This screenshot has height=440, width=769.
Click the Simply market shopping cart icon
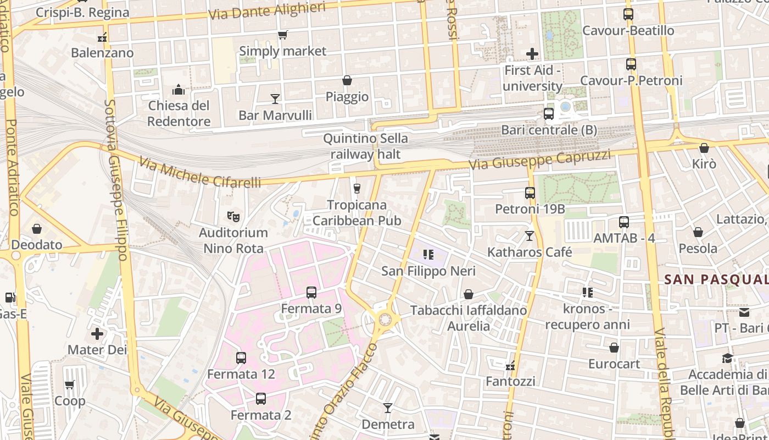[x=283, y=35]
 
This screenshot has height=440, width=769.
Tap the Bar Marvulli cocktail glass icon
[x=275, y=99]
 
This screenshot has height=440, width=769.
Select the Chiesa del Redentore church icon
[x=179, y=90]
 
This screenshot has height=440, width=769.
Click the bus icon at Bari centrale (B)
[x=548, y=114]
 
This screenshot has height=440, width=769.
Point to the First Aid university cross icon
[x=532, y=54]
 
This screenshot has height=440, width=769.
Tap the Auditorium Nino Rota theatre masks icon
[x=233, y=217]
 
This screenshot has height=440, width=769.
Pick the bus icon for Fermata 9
[x=311, y=293]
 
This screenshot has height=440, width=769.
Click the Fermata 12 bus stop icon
[x=241, y=358]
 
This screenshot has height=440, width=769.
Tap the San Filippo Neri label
[x=428, y=271]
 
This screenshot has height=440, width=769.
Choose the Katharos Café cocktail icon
[x=530, y=236]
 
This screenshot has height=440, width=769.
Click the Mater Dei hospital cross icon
[x=97, y=334]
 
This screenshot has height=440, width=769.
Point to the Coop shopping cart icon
[x=70, y=385]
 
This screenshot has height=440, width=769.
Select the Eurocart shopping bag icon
[x=614, y=348]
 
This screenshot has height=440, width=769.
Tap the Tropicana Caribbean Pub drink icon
[x=357, y=189]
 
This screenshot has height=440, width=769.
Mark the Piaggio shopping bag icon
[x=347, y=81]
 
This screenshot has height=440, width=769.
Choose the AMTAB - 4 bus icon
[x=624, y=222]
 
